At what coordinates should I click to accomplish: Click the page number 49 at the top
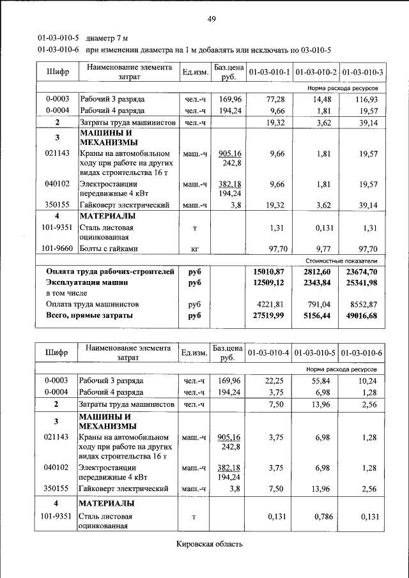(212, 19)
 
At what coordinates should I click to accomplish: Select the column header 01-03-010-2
(316, 72)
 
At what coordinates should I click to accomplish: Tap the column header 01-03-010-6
(362, 353)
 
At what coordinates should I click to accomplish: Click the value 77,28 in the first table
(275, 100)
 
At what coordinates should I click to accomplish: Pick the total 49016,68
(362, 316)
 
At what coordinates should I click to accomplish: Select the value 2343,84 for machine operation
(316, 282)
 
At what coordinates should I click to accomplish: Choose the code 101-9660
(56, 249)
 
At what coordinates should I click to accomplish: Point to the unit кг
(195, 249)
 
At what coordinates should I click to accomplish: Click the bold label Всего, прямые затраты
(89, 316)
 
